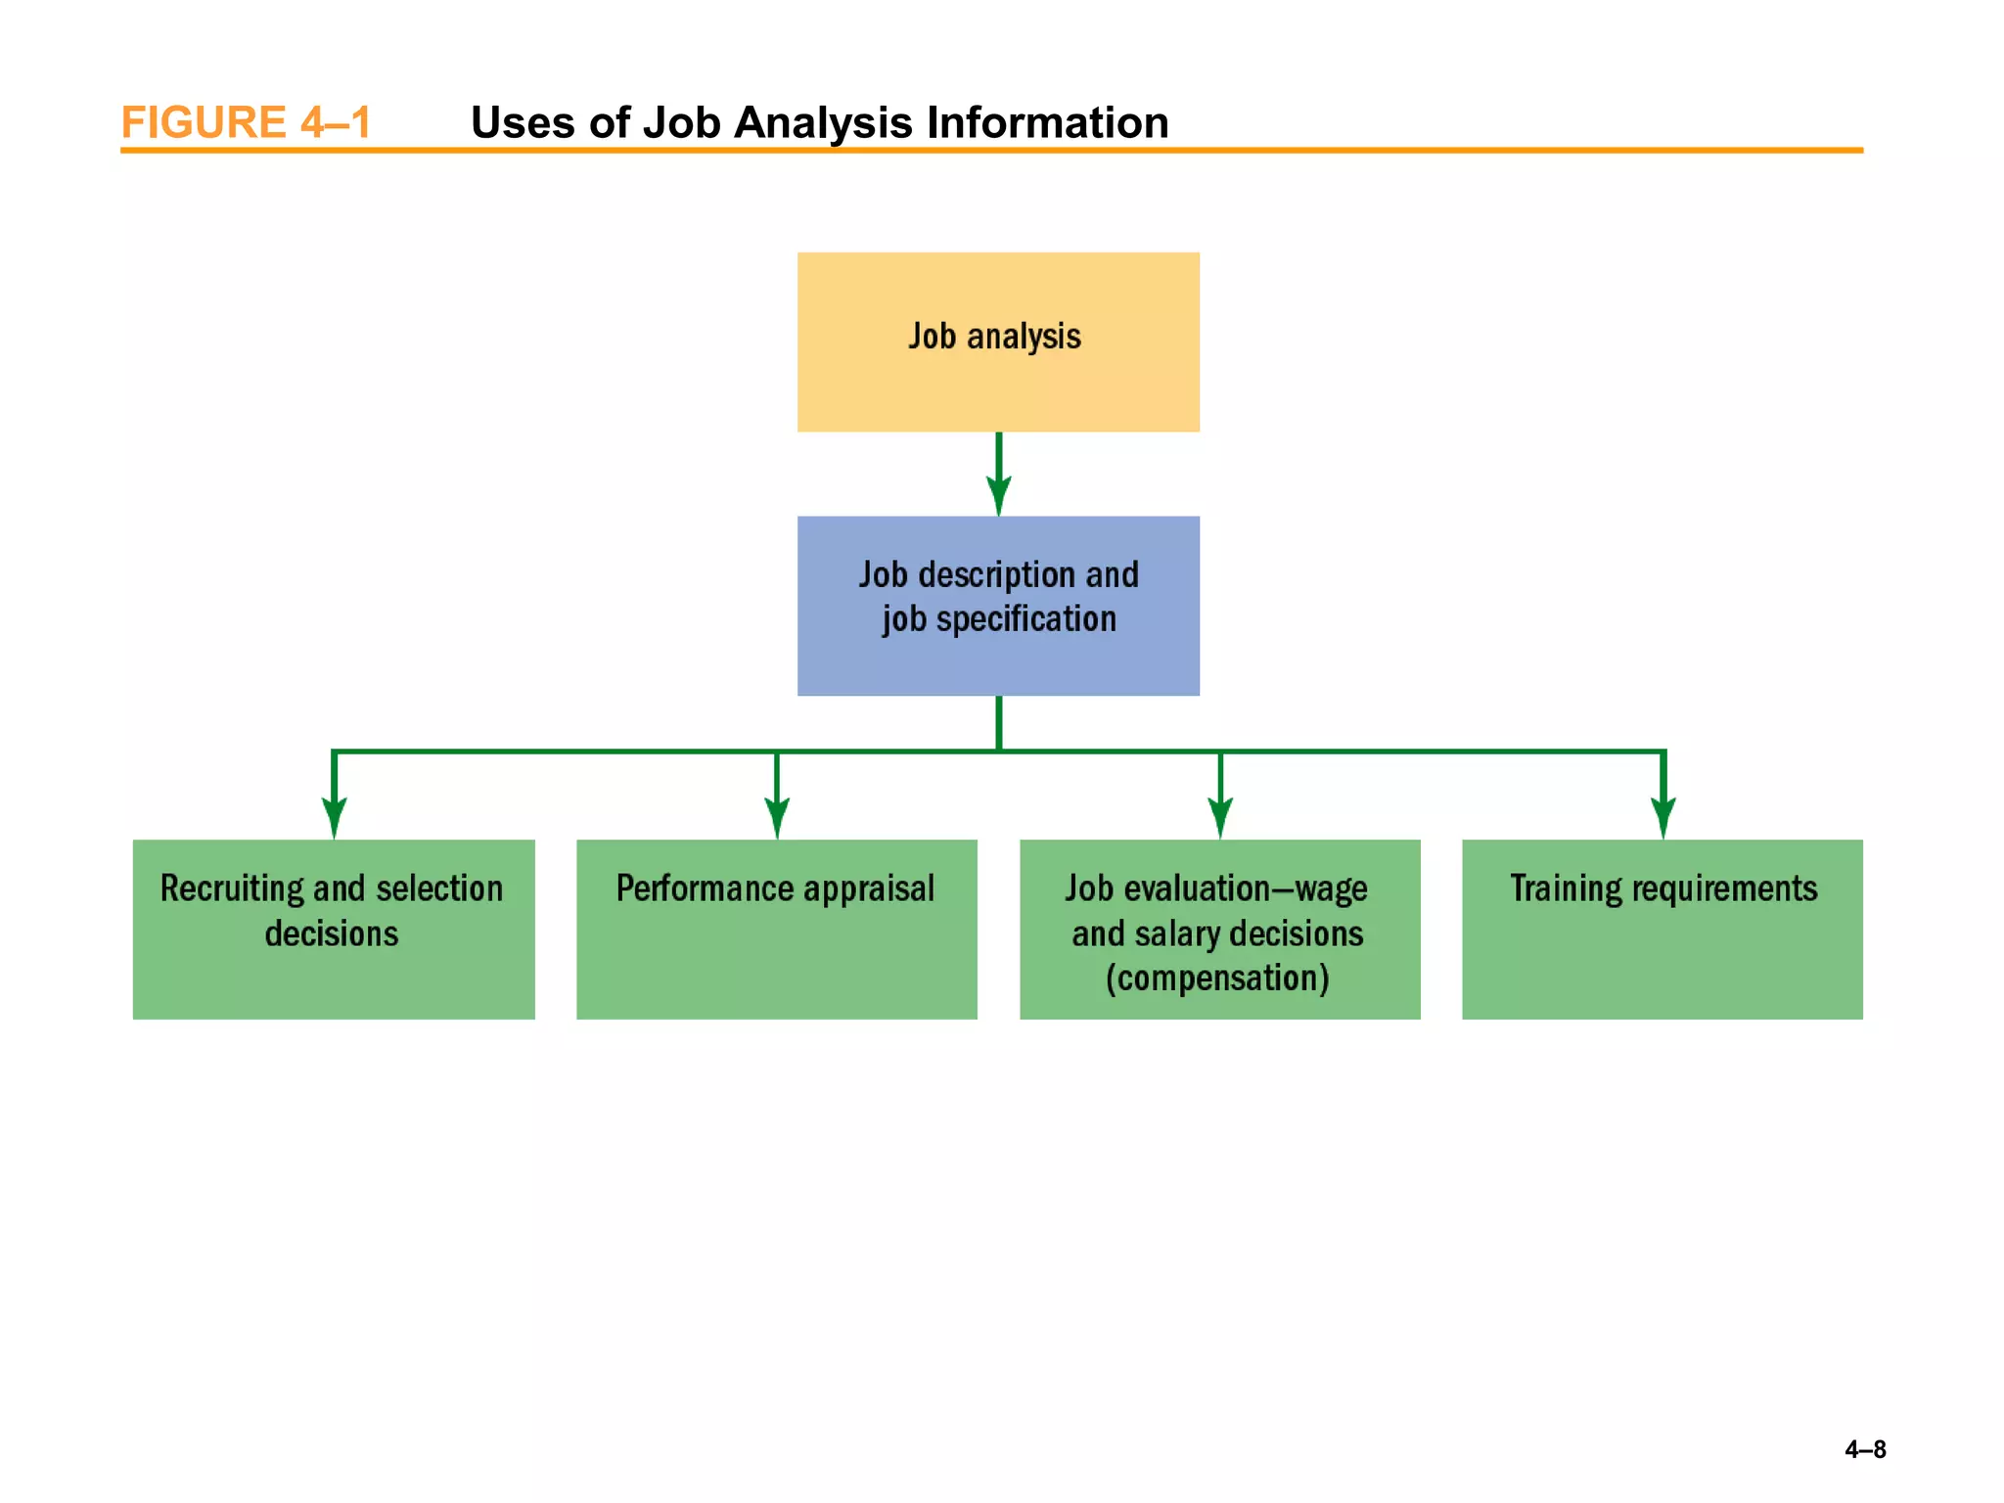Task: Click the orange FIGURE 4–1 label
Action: (246, 123)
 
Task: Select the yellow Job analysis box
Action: (998, 342)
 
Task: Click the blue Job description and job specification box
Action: (998, 606)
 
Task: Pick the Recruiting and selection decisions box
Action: (334, 929)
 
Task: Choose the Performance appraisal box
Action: (776, 929)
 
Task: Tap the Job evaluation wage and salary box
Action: (1219, 929)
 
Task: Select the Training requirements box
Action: (1662, 929)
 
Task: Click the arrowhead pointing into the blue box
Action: (998, 495)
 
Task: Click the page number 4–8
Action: (1865, 1449)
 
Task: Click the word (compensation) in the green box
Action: (1217, 978)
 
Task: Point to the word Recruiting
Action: (232, 888)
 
